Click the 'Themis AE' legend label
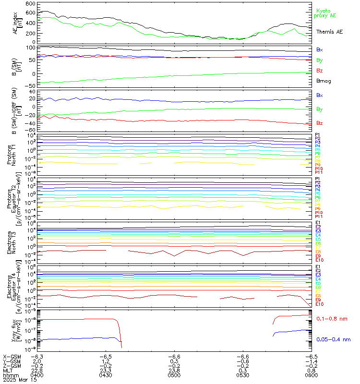coord(329,31)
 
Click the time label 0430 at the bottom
coord(105,375)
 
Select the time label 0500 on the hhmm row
coord(174,375)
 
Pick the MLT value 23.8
coord(174,371)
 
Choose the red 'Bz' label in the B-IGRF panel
coord(319,123)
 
